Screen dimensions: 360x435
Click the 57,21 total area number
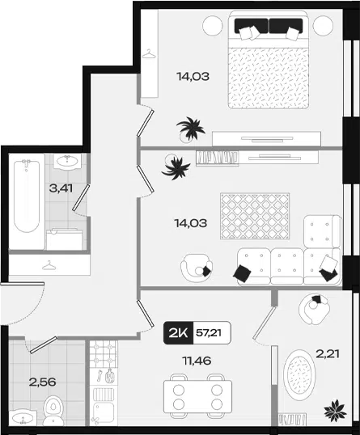209,332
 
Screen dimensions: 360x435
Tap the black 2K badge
178,333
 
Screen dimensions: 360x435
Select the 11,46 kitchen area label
197,361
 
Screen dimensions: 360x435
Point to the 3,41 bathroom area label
61,188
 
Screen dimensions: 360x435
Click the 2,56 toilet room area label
42,382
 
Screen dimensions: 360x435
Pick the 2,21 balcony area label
328,354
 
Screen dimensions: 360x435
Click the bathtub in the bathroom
27,196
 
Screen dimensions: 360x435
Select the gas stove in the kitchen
104,353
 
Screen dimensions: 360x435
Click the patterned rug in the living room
255,216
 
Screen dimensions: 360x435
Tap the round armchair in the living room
197,268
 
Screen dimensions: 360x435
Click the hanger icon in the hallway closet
49,266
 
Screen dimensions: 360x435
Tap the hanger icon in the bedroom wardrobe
149,54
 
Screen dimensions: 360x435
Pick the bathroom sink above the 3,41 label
67,161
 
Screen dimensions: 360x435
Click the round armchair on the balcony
314,309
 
